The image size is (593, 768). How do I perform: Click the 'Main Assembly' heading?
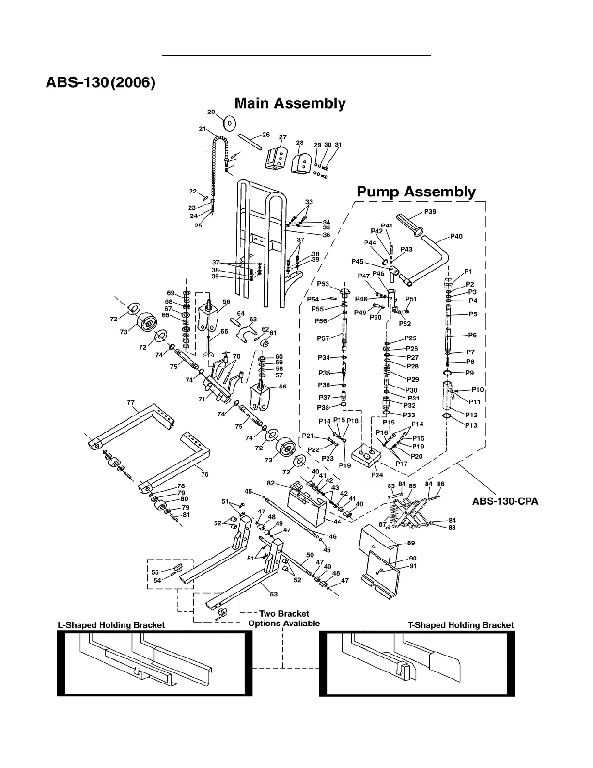point(290,104)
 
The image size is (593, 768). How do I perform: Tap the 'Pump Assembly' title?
point(416,192)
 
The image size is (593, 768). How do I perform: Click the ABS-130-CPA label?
point(505,501)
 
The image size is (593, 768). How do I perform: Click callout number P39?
point(430,211)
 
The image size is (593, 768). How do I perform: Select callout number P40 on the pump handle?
point(456,237)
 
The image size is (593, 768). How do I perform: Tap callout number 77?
point(130,403)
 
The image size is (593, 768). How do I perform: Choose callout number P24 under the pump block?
point(377,474)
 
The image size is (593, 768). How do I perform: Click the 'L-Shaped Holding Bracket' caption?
point(111,625)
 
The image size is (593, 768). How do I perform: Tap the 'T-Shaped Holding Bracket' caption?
point(461,625)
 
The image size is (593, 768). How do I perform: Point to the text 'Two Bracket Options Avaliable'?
point(284,619)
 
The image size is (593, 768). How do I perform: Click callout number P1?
point(468,272)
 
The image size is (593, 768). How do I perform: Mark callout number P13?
point(471,425)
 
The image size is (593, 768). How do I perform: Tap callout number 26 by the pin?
point(266,134)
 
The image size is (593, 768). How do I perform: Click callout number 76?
point(205,474)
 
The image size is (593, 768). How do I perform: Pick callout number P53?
point(323,284)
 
